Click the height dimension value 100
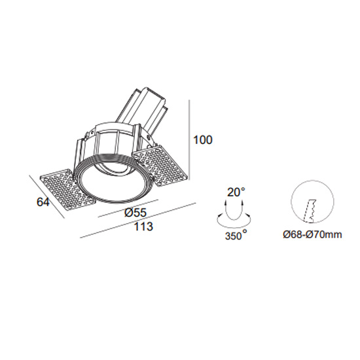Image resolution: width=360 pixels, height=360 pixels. pos(203,140)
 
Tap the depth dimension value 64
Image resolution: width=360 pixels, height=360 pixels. pos(43,202)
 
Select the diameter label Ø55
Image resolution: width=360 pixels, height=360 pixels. pos(135,213)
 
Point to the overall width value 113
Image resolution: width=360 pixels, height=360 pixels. pos(143,226)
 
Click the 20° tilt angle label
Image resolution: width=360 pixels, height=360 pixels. pos(236,192)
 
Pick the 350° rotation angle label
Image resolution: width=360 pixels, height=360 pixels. pos(236,235)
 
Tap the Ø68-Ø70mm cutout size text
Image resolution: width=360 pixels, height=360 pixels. pos(312,234)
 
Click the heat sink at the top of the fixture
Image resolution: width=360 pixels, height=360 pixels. pos(143,109)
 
